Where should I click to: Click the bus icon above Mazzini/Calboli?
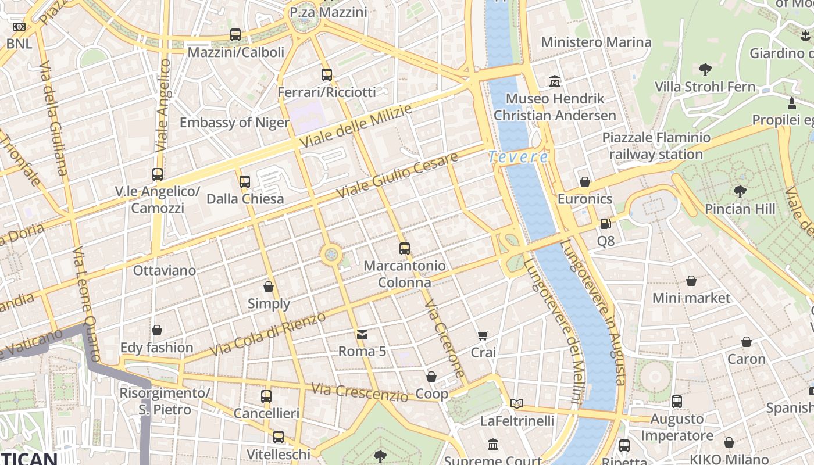coord(235,35)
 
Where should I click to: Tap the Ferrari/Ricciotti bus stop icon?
coord(327,74)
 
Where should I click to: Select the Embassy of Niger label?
coord(234,123)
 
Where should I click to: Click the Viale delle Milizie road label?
coord(355,126)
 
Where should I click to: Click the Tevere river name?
coord(517,157)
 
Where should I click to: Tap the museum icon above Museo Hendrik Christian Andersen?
coord(555,81)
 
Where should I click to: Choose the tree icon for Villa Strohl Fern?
coord(705,70)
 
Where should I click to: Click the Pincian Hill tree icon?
coord(740,191)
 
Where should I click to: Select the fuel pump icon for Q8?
coord(605,224)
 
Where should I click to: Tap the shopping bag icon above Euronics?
coord(585,182)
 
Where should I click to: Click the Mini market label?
coord(691,298)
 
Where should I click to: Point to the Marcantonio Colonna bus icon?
coord(405,249)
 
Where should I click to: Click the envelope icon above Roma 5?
coord(362,334)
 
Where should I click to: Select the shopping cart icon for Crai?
coord(483,335)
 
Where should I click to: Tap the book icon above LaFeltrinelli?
coord(517,403)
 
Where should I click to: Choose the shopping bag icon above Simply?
coord(269,287)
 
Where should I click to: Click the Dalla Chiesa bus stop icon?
coord(245,182)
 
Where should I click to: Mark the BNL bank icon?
coord(19,27)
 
